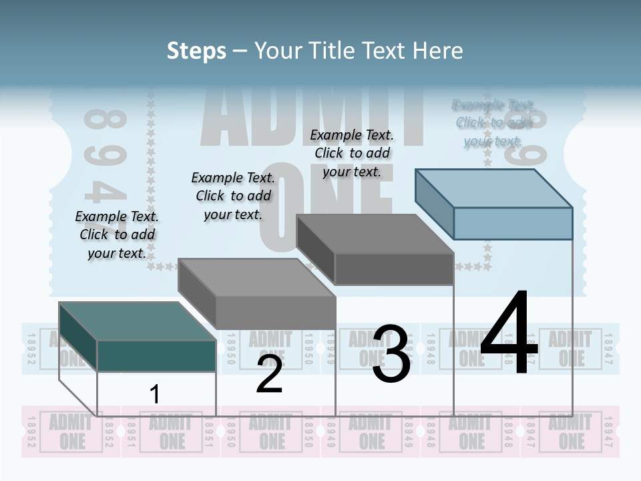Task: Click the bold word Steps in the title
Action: coord(196,51)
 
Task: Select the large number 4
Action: coord(509,334)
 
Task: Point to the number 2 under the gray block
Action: coord(269,375)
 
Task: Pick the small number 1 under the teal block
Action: coord(154,394)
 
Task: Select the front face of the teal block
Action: coord(156,355)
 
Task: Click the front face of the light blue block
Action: coord(513,223)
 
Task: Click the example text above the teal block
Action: coord(117,234)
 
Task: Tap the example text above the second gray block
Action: coord(233,196)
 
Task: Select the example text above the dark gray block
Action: coord(352,154)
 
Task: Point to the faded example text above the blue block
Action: coord(493,123)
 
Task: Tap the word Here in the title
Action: coord(438,51)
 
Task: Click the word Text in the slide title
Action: coord(385,51)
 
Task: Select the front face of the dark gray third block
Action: coord(394,269)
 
